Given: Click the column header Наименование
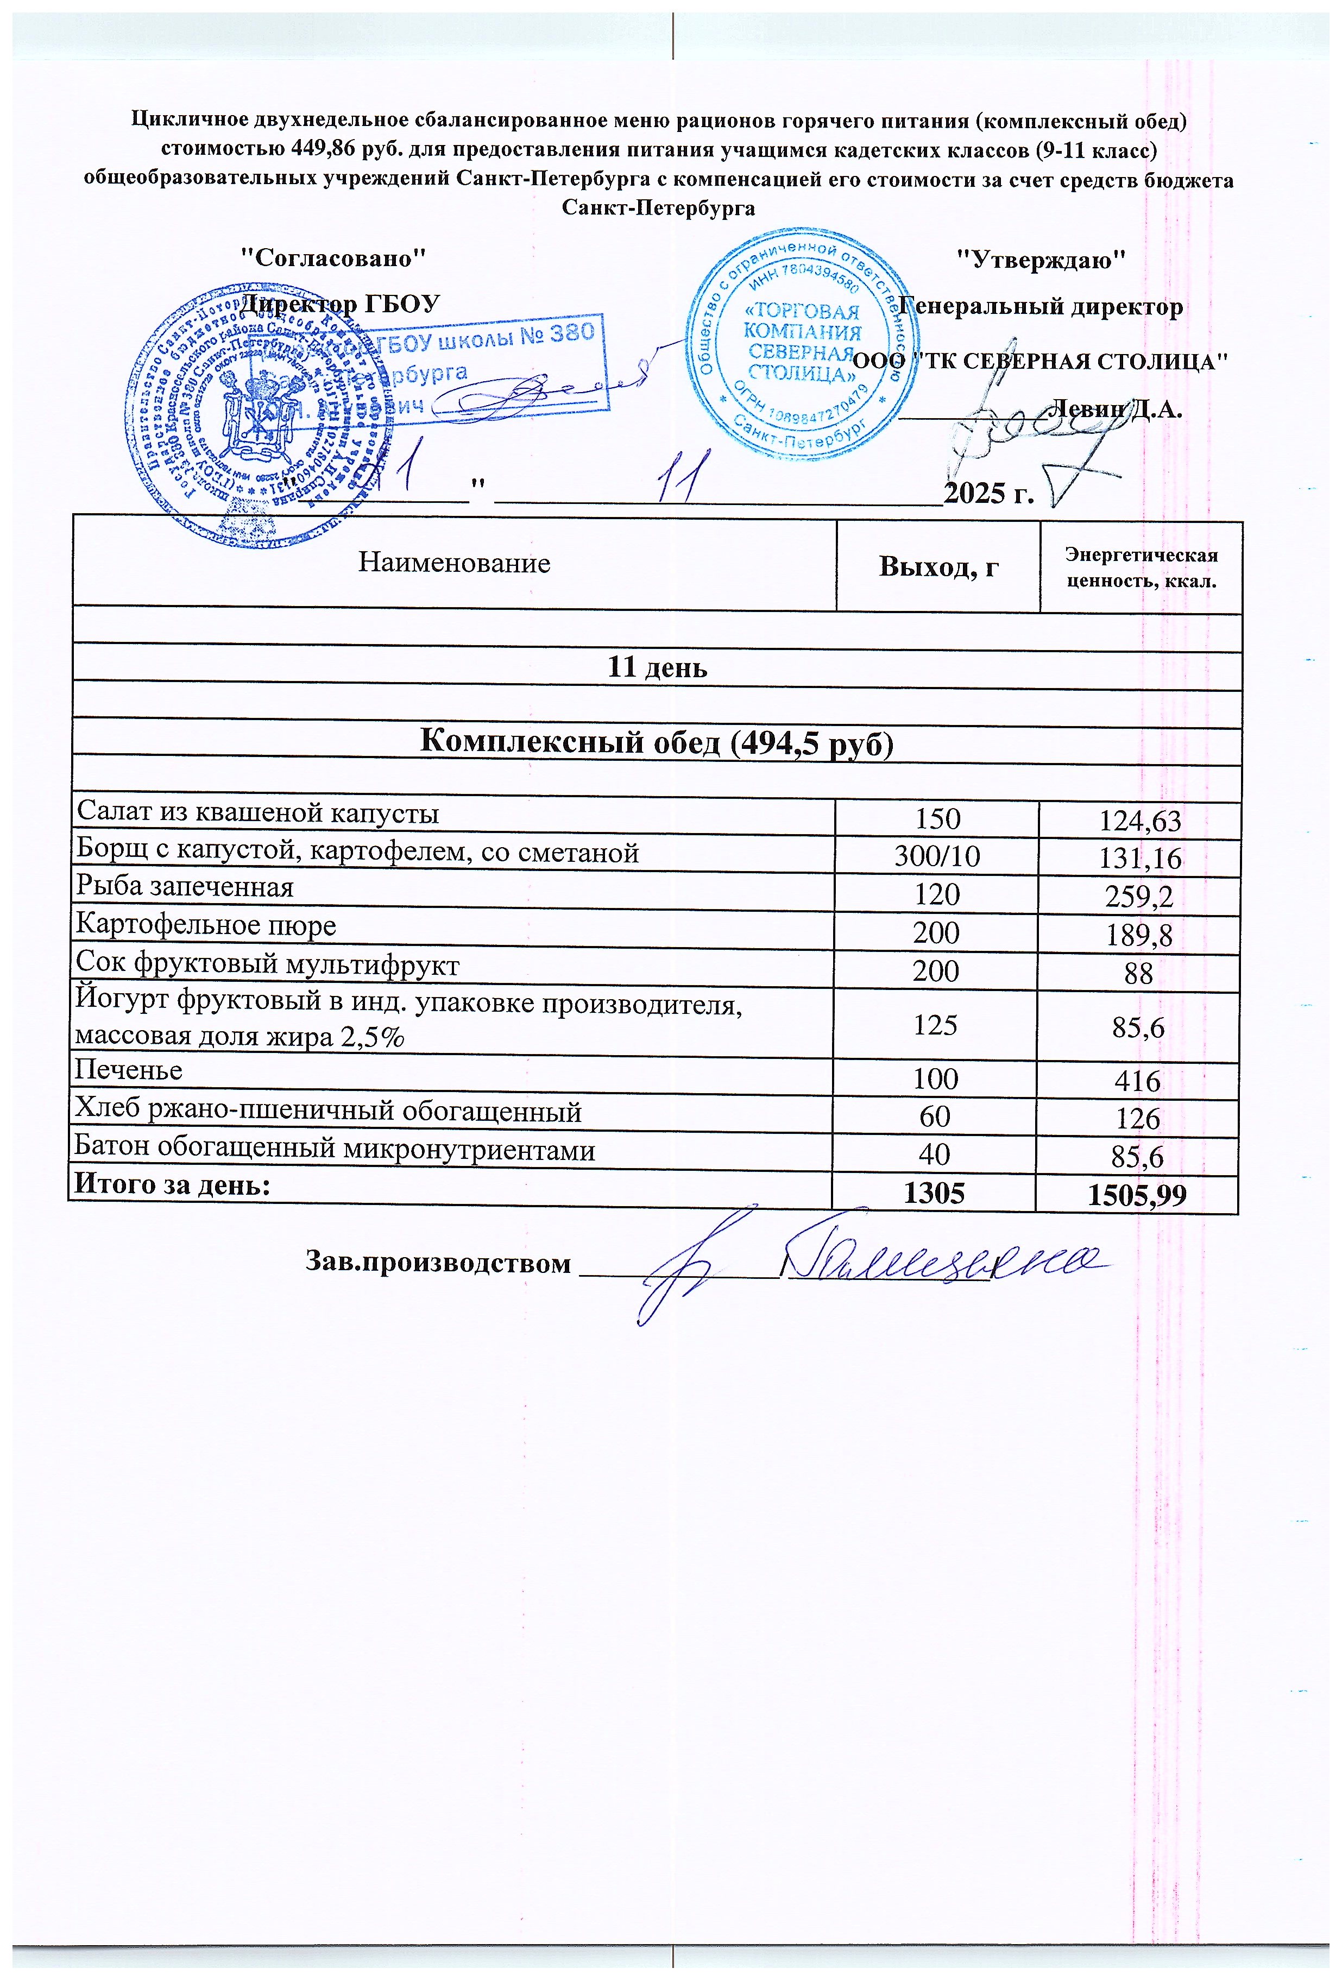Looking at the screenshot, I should click(x=453, y=563).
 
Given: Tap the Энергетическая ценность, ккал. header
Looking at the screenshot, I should click(x=1140, y=567).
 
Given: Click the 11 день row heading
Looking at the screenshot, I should click(x=657, y=667).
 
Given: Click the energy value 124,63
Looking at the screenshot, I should click(x=1140, y=822).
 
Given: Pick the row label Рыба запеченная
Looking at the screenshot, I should click(x=185, y=887).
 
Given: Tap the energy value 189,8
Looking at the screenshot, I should click(x=1140, y=936).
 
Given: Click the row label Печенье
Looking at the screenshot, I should click(x=128, y=1070).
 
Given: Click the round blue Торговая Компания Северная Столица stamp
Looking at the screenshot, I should click(x=801, y=344).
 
